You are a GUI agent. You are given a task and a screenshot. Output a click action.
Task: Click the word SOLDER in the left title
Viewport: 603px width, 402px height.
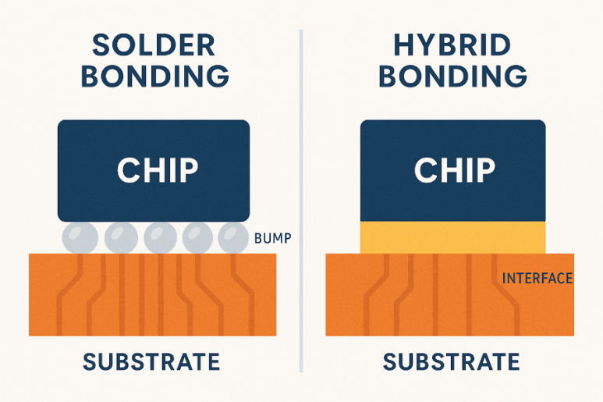[x=154, y=45]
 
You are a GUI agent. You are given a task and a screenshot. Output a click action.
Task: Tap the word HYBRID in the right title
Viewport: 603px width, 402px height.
[x=452, y=45]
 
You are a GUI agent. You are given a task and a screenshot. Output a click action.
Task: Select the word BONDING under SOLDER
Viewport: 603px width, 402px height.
[x=155, y=76]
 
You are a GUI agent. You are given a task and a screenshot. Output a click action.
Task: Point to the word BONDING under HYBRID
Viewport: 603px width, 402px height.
[x=452, y=76]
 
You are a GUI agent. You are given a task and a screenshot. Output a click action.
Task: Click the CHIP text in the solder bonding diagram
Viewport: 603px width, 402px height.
[x=158, y=170]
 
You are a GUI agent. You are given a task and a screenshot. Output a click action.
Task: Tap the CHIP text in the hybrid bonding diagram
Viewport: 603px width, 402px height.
[x=455, y=170]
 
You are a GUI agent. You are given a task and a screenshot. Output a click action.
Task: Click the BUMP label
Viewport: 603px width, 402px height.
[x=273, y=239]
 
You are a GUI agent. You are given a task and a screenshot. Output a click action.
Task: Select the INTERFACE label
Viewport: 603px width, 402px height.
[x=537, y=278]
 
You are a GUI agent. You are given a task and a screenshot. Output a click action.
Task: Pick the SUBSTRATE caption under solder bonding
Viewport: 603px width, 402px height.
[x=151, y=362]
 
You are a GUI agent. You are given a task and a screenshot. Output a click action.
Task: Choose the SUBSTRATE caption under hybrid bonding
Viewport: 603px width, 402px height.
[x=451, y=362]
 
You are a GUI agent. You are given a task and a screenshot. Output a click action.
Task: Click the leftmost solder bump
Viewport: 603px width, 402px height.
[x=80, y=238]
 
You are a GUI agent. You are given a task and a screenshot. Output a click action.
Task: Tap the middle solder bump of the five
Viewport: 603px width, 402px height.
[x=161, y=238]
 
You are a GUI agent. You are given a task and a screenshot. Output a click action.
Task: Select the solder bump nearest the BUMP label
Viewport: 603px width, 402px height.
[x=233, y=238]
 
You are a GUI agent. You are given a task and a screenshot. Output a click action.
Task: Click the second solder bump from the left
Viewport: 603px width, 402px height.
[x=121, y=238]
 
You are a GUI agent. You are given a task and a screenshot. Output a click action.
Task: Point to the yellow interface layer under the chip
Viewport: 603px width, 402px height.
[x=452, y=237]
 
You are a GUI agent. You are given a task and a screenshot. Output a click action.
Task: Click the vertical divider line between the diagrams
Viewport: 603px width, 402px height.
[x=301, y=201]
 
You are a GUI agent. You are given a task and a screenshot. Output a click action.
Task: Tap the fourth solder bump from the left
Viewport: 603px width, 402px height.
[x=197, y=238]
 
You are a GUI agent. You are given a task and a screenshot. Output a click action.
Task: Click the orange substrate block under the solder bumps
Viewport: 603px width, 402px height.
[x=153, y=294]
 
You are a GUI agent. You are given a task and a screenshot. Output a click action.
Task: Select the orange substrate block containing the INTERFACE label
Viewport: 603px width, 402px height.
[x=449, y=294]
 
